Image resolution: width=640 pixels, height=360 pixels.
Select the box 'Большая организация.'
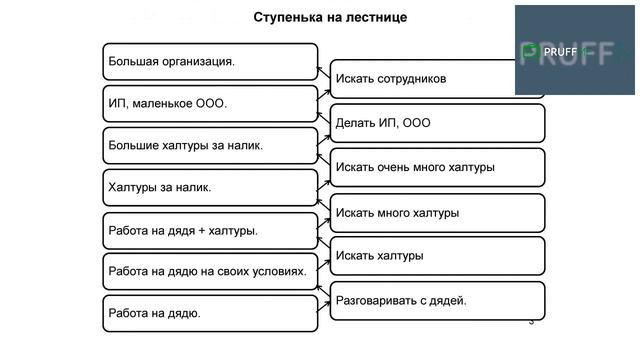(210, 61)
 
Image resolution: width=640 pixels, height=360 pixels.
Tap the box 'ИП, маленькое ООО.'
(210, 103)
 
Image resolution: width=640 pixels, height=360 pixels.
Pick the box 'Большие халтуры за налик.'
(210, 145)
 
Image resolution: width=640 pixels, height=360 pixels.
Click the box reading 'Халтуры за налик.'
(210, 187)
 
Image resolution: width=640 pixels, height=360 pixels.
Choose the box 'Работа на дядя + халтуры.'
(210, 230)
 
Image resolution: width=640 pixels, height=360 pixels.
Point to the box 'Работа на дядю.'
(210, 313)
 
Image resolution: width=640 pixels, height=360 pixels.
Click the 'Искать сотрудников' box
(437, 78)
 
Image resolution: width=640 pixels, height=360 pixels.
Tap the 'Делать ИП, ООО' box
(437, 123)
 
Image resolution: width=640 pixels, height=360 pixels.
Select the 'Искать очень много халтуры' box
(437, 167)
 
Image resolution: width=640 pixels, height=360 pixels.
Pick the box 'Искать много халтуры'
(437, 212)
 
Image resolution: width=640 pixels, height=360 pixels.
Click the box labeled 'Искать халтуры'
(437, 256)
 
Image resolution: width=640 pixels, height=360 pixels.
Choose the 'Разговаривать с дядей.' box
(437, 300)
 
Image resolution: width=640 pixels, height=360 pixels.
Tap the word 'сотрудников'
(408, 78)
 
